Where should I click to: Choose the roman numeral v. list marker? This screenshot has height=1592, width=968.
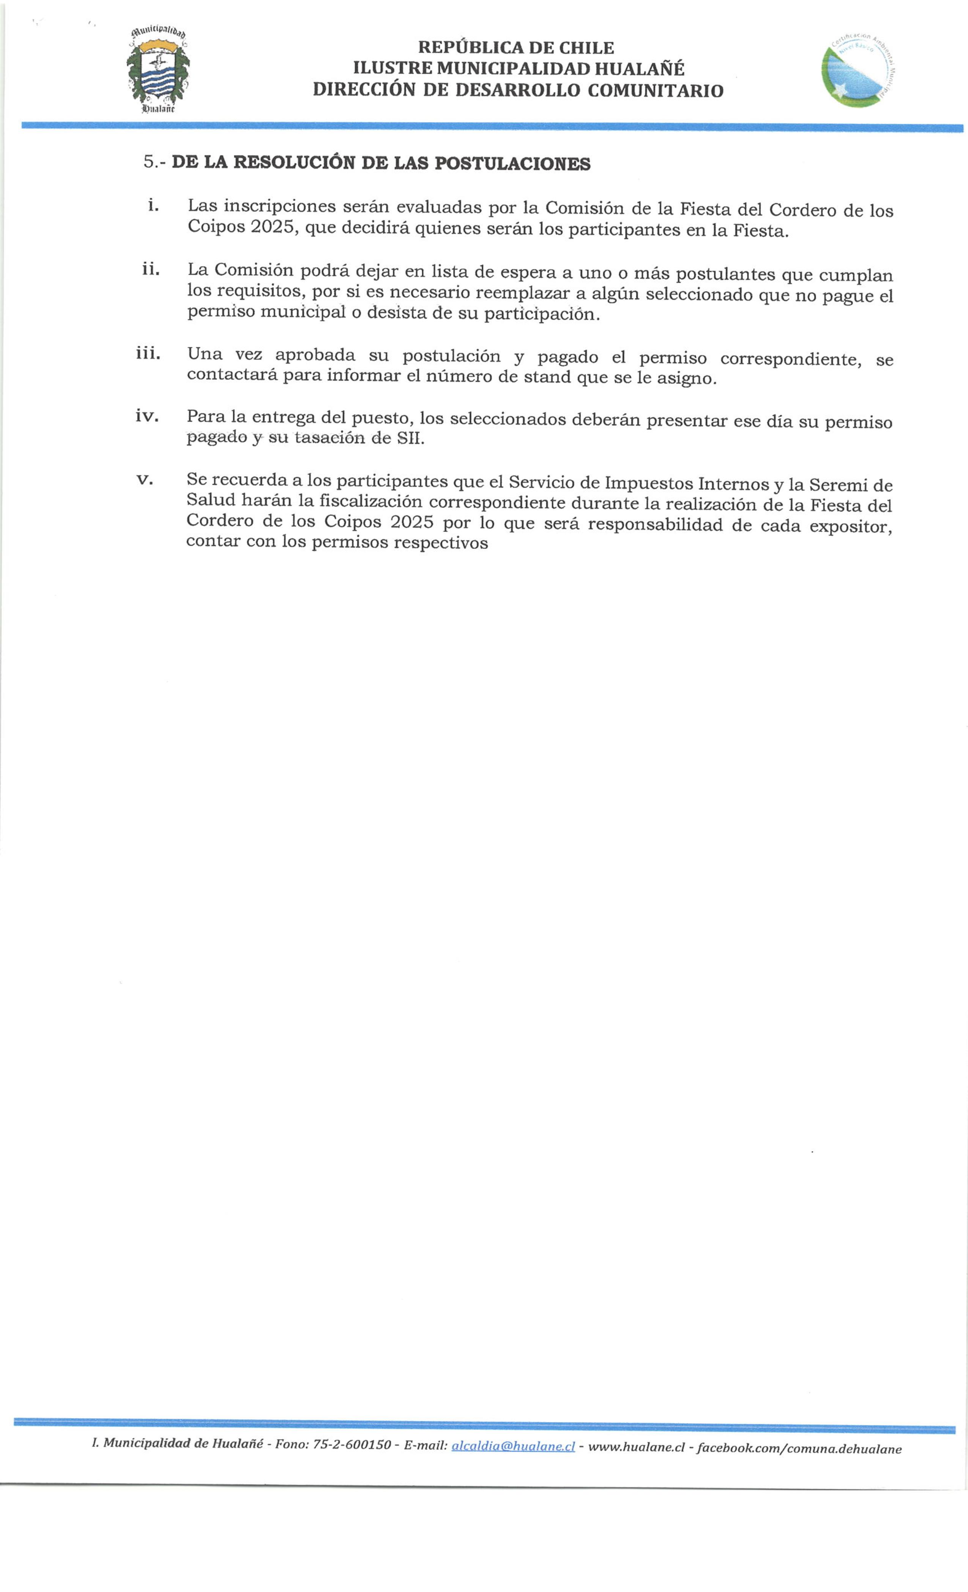[x=145, y=480]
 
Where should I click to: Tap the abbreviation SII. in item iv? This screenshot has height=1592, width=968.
[x=411, y=439]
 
